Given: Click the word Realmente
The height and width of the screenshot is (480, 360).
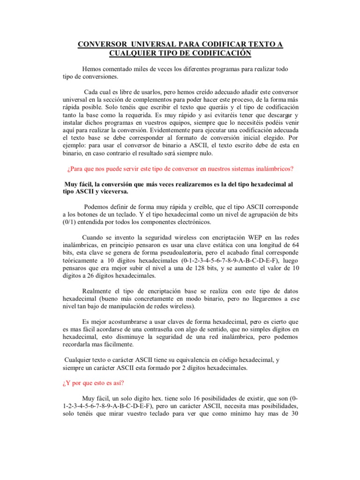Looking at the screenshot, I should tap(97, 291).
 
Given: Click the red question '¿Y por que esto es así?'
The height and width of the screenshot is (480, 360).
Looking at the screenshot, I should tap(93, 382).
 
